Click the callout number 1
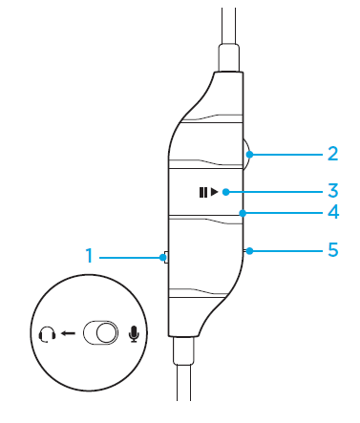click(89, 256)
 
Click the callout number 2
click(331, 151)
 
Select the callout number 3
click(332, 191)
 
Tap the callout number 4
click(332, 212)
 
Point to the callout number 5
click(332, 250)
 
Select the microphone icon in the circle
click(133, 333)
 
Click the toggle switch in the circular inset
click(99, 333)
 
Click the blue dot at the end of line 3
click(225, 192)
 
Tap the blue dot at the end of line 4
click(244, 212)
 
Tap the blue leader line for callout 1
click(129, 256)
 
